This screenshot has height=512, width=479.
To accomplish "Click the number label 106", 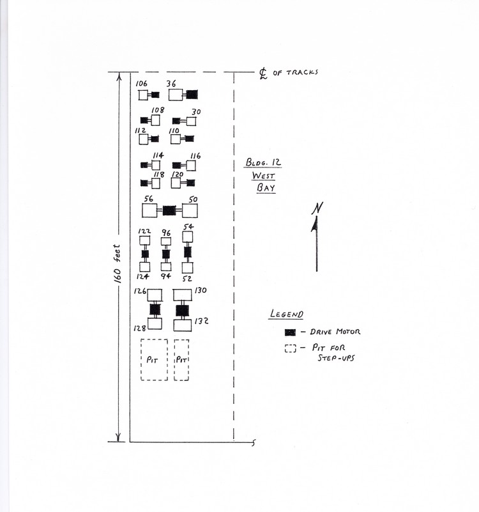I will [x=142, y=84].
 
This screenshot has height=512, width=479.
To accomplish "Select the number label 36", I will [x=171, y=84].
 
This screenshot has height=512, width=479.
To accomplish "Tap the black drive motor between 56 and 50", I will [x=169, y=210].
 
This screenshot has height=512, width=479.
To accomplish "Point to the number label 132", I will [x=202, y=321].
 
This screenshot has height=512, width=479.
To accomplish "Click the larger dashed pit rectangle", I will [x=154, y=360].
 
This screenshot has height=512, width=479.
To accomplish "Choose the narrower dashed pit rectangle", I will [x=181, y=360].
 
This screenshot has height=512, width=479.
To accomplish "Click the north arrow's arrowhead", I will [x=316, y=224].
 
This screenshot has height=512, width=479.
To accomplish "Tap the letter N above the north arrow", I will [x=316, y=208].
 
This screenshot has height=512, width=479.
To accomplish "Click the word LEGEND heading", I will [x=286, y=314].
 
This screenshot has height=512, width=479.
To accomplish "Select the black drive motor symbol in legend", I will [x=291, y=332].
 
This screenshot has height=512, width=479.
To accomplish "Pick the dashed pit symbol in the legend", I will [x=291, y=349].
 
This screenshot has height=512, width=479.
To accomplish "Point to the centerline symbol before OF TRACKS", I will [x=263, y=73].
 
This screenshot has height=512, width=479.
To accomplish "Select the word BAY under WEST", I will [x=265, y=188].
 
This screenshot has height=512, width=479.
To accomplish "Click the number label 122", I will [x=144, y=231].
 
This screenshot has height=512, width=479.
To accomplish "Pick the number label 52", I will [x=187, y=278].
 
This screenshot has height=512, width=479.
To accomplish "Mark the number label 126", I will [x=140, y=291].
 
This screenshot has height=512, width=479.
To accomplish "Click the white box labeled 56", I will [x=149, y=210].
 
